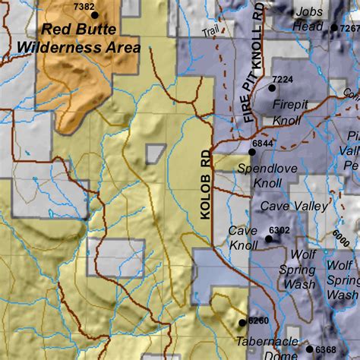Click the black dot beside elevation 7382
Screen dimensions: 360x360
click(x=95, y=14)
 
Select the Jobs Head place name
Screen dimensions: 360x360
click(x=308, y=18)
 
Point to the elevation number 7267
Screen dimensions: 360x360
click(x=351, y=27)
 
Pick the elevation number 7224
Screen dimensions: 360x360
click(x=282, y=79)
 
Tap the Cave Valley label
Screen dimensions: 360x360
click(x=294, y=206)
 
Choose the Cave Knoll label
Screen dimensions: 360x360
click(x=243, y=238)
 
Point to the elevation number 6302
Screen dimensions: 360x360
click(x=279, y=230)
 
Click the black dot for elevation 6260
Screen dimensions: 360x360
click(x=242, y=322)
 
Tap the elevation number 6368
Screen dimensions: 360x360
click(x=327, y=349)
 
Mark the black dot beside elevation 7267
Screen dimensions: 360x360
click(x=334, y=27)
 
